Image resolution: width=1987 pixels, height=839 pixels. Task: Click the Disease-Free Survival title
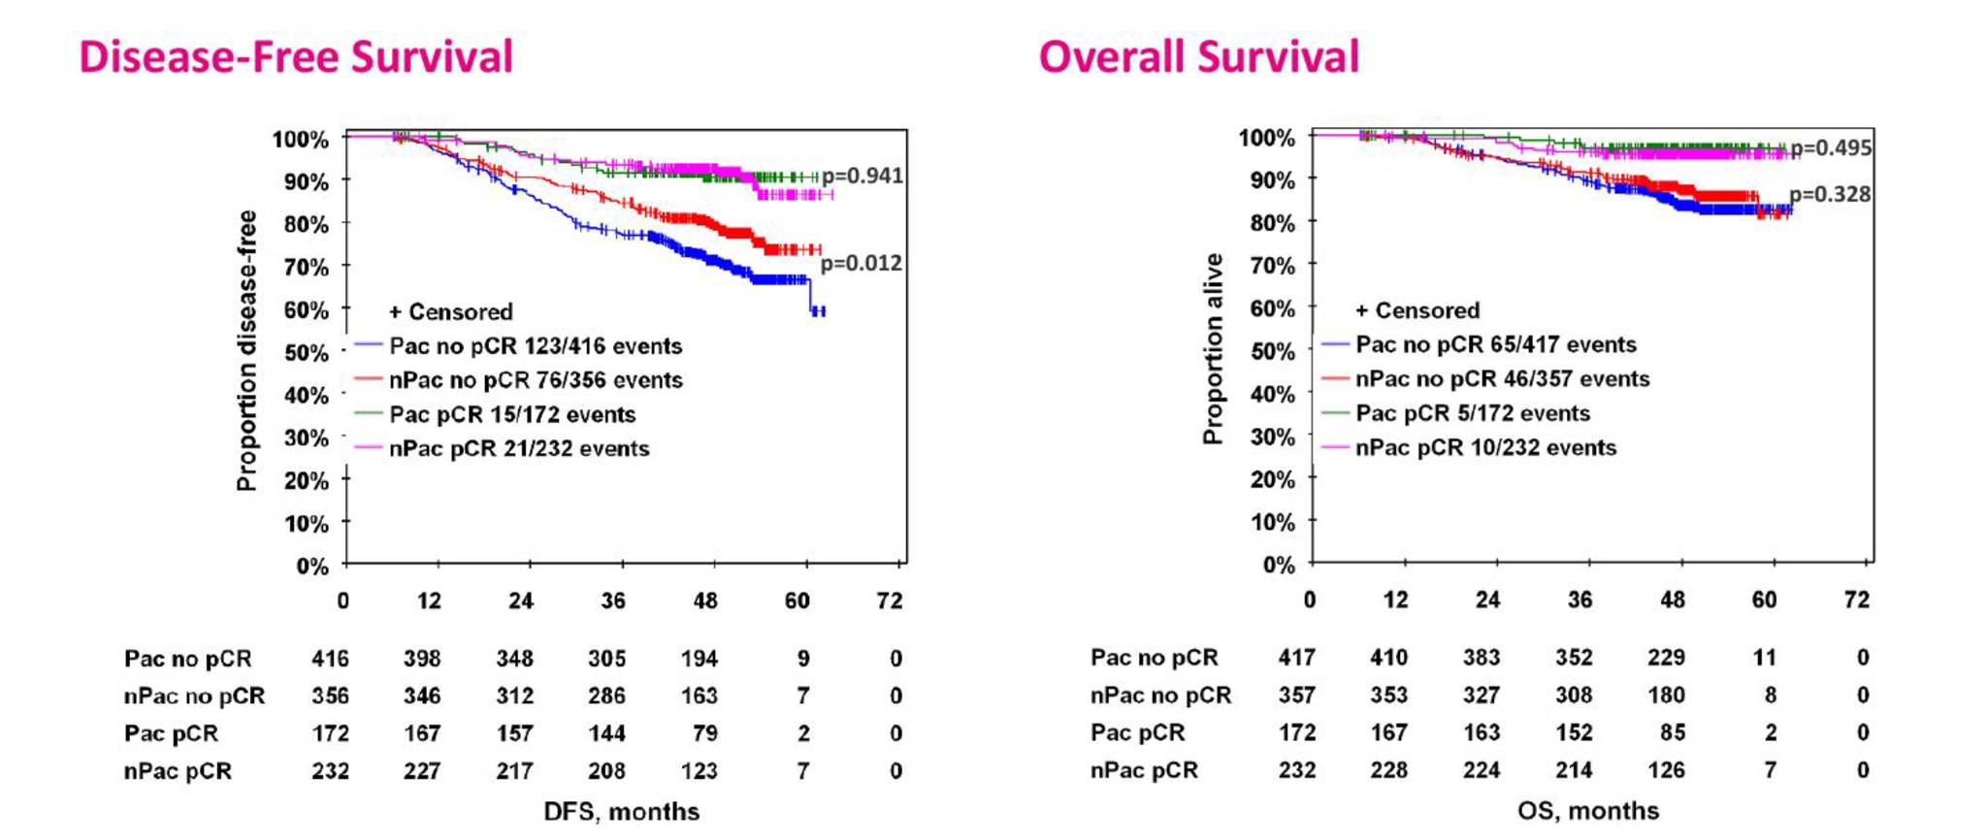[x=296, y=56]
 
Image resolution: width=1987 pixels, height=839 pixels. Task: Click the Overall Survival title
[x=1199, y=56]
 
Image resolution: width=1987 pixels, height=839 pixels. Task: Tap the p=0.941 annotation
[x=863, y=176]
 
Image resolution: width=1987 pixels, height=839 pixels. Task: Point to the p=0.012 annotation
[x=862, y=263]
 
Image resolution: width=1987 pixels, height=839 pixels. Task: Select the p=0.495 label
[x=1831, y=147]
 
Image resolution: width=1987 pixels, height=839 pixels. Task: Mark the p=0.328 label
[x=1830, y=194]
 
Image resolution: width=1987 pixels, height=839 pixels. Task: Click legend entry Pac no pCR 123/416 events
[x=536, y=346]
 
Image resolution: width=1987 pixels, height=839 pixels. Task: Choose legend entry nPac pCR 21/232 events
[x=519, y=449]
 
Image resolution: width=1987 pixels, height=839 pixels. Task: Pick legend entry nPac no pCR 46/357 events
[x=1502, y=379]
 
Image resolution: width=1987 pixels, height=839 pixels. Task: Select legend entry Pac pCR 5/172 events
[x=1473, y=413]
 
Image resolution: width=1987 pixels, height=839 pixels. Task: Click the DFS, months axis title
[x=621, y=811]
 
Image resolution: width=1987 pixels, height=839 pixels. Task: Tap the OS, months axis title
[x=1588, y=810]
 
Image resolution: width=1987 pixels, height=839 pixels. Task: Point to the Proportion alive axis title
[x=1213, y=349]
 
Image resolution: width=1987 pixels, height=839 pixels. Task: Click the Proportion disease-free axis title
[x=246, y=351]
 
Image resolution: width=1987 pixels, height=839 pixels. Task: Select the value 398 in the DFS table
[x=422, y=659]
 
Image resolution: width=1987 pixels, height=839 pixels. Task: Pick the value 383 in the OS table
[x=1482, y=658]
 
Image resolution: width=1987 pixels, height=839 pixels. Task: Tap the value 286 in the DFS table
[x=606, y=695]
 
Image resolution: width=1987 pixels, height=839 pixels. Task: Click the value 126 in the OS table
[x=1666, y=770]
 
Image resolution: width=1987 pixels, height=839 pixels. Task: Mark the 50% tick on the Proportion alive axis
[x=1273, y=351]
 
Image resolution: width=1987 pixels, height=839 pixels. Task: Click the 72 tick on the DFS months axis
[x=890, y=600]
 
